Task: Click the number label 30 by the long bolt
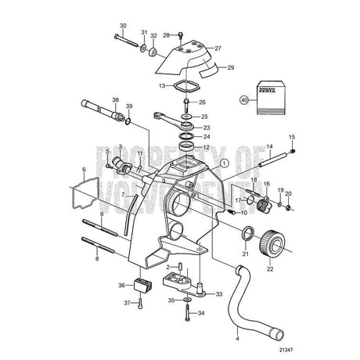[121, 27]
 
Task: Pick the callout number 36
[121, 285]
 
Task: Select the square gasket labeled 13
[184, 85]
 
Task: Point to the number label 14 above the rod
[268, 147]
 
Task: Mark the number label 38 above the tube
[115, 100]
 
